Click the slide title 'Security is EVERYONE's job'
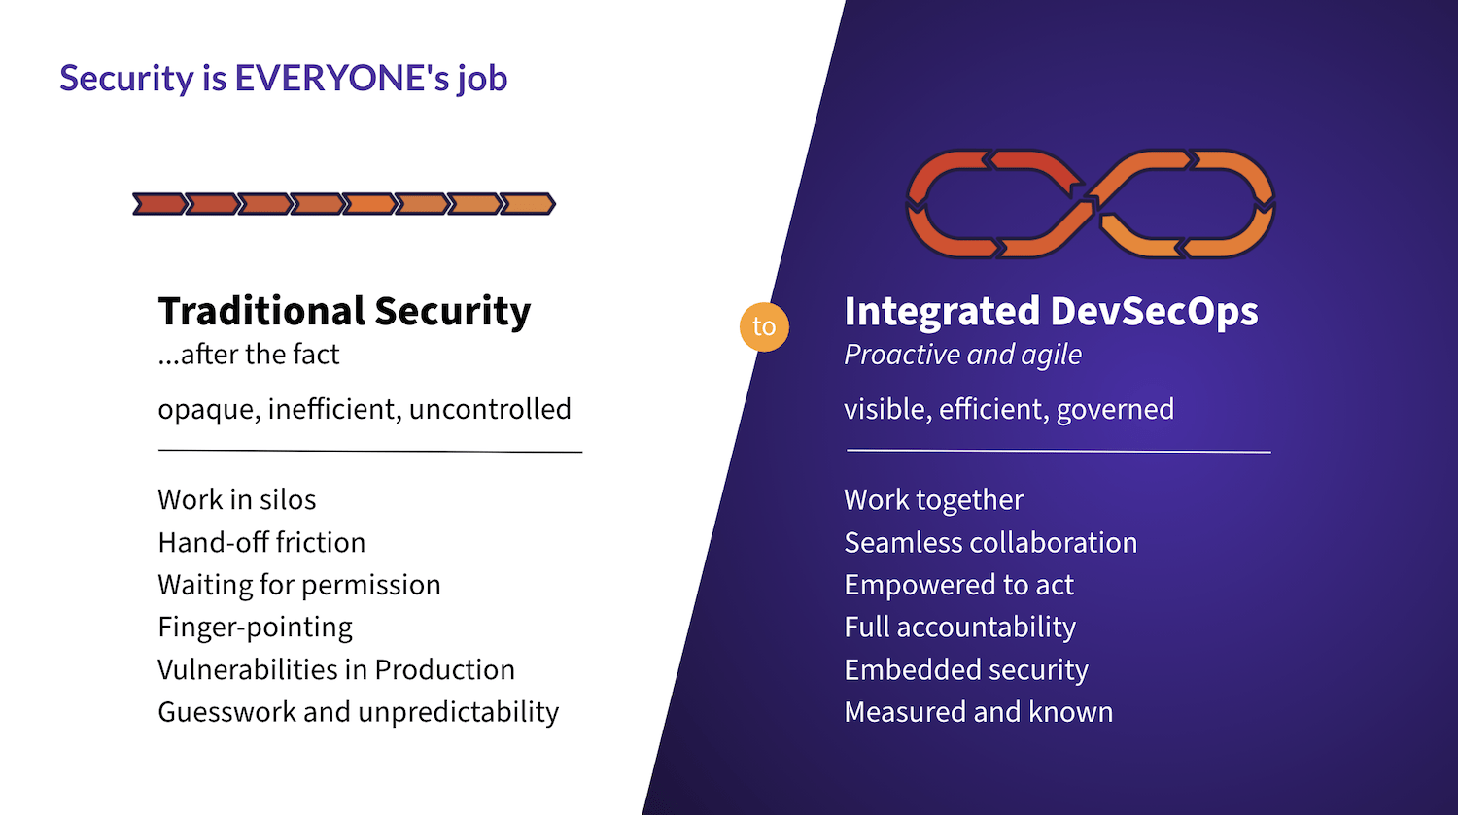pos(283,79)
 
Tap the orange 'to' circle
pos(764,326)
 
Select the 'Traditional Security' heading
pos(344,311)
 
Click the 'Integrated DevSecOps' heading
pos(1051,311)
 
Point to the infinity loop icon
pos(1090,204)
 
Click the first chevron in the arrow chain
pos(158,204)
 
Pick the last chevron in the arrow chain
pos(528,204)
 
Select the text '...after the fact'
pos(249,355)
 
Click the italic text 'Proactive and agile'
pos(962,355)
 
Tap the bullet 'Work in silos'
pos(237,499)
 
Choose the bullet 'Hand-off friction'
pos(261,542)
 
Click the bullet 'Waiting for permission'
pos(299,585)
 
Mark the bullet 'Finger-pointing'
pos(255,628)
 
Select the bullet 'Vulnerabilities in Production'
pos(336,669)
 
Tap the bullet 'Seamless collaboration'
pos(990,542)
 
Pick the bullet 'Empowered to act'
pos(958,585)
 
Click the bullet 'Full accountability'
pos(959,628)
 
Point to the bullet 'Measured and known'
pos(978,712)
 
